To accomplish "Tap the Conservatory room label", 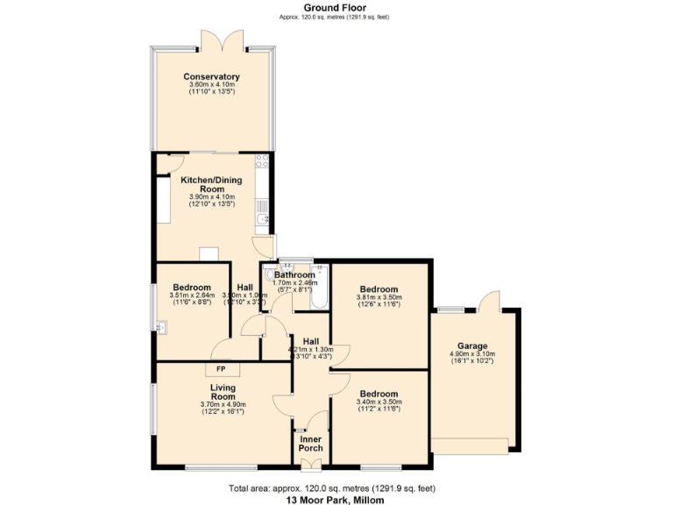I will pos(211,76).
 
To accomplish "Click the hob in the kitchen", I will pos(261,161).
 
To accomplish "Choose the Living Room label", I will pos(223,391).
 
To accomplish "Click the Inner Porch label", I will pos(311,443).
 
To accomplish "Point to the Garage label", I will pos(474,345).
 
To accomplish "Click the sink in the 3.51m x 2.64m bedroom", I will pos(161,328).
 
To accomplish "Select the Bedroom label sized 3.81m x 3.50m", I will pos(378,288).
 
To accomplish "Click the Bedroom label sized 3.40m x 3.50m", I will pos(378,394).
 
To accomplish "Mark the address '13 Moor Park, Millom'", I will pos(336,499).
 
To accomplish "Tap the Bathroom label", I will pos(294,274).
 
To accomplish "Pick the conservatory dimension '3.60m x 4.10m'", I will pos(211,84).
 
